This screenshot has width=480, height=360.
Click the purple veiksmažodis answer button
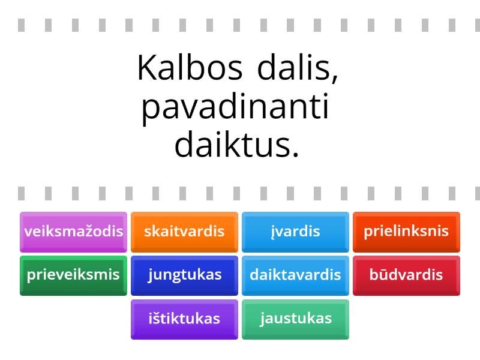tap(73, 231)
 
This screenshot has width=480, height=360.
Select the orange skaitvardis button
tap(184, 231)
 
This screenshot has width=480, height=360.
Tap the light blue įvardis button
tap(295, 231)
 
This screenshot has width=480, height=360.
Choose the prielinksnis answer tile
tap(406, 231)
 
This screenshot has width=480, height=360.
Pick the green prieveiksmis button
tap(73, 275)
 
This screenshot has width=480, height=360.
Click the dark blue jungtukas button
tap(184, 275)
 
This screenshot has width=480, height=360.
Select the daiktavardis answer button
tap(295, 275)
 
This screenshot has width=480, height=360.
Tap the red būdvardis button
tap(406, 275)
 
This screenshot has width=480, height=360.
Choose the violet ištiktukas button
tap(184, 319)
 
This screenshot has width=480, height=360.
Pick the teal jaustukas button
tap(295, 319)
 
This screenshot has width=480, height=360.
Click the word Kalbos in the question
tap(190, 68)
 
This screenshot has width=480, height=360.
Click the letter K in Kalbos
tap(145, 68)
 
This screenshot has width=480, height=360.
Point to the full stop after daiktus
tap(295, 156)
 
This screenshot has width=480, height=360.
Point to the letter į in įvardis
tap(273, 232)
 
